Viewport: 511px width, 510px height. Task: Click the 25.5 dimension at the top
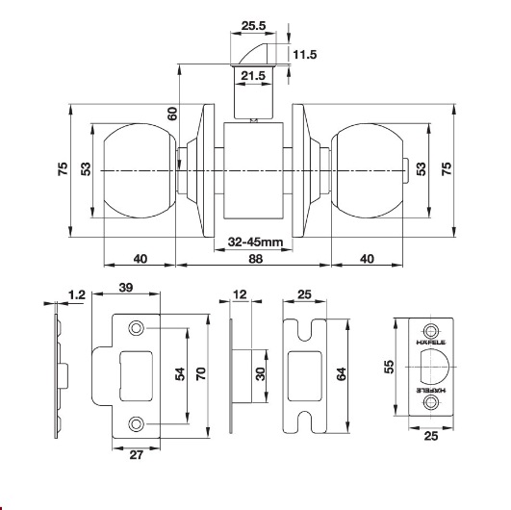253,25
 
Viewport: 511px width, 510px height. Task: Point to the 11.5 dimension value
305,55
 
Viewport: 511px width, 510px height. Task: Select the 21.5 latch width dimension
253,76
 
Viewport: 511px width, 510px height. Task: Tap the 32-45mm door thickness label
256,242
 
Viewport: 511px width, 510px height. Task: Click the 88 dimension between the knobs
256,259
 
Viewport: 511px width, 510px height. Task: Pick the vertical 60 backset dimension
172,114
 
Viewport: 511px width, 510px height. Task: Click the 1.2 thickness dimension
77,294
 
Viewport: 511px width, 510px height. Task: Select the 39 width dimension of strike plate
126,288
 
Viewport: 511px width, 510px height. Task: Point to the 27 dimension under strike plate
137,454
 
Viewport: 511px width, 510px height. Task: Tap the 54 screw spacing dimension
180,373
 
